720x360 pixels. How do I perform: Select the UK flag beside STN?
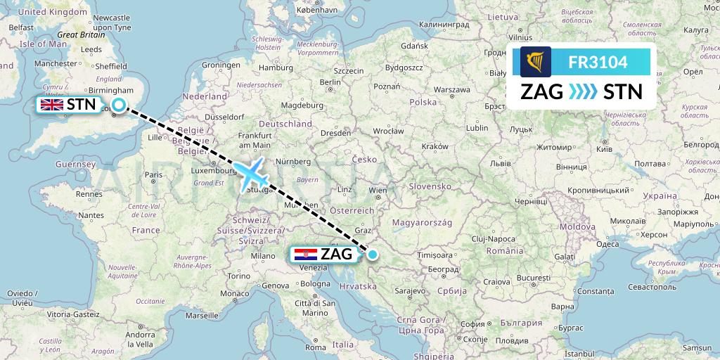[x=52, y=105]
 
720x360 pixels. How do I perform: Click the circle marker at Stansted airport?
[x=120, y=105]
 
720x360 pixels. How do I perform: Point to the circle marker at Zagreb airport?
[x=373, y=255]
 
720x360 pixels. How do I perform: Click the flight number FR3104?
[x=598, y=63]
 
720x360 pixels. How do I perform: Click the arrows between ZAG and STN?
[x=581, y=91]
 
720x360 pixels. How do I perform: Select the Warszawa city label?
[x=452, y=90]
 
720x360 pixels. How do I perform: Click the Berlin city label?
[x=330, y=82]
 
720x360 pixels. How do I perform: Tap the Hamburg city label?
[x=275, y=67]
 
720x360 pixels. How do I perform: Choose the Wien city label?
[x=378, y=190]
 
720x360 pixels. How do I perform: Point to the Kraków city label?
[x=436, y=146]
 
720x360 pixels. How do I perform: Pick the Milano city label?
[x=264, y=256]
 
